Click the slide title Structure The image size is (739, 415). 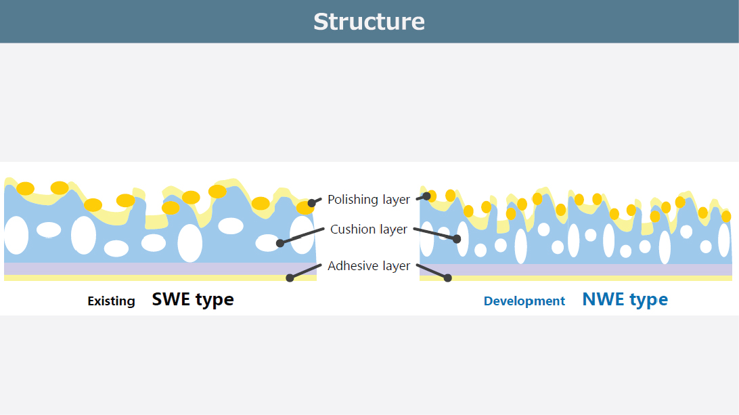pyautogui.click(x=369, y=22)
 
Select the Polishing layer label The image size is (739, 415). pyautogui.click(x=369, y=200)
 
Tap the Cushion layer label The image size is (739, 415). pyautogui.click(x=369, y=230)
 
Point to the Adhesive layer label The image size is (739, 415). pyautogui.click(x=369, y=266)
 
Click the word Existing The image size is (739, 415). pyautogui.click(x=111, y=301)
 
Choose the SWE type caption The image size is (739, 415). pyautogui.click(x=193, y=299)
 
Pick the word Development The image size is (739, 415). pyautogui.click(x=524, y=301)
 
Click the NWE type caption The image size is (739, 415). pyautogui.click(x=625, y=299)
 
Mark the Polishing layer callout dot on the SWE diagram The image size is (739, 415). pyautogui.click(x=312, y=202)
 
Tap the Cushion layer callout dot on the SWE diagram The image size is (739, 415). pyautogui.click(x=280, y=242)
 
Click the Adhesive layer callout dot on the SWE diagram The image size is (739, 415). pyautogui.click(x=290, y=278)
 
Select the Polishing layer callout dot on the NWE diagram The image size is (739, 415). pyautogui.click(x=427, y=196)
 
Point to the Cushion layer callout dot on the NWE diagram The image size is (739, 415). pyautogui.click(x=457, y=238)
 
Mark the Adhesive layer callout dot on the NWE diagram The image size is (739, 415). pyautogui.click(x=447, y=278)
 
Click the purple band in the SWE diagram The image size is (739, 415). pyautogui.click(x=160, y=269)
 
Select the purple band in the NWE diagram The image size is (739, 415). pyautogui.click(x=575, y=269)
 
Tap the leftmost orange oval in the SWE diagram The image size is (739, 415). pyautogui.click(x=26, y=188)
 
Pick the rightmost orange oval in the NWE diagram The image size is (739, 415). pyautogui.click(x=726, y=216)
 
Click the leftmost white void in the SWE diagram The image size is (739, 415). pyautogui.click(x=16, y=235)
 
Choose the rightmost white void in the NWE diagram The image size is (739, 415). pyautogui.click(x=724, y=240)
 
